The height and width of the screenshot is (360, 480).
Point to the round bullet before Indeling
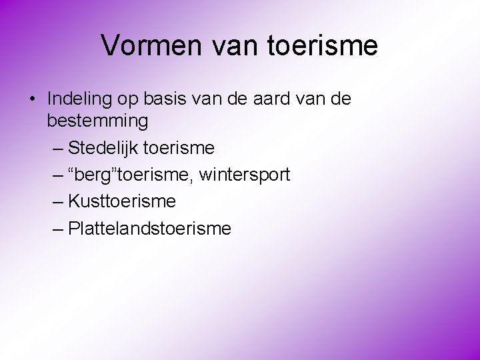click(x=32, y=99)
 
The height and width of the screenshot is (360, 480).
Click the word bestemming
click(x=97, y=121)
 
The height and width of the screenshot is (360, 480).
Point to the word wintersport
click(x=245, y=175)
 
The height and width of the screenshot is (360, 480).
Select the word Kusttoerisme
click(x=122, y=201)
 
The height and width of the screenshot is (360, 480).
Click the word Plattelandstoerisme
click(x=149, y=229)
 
